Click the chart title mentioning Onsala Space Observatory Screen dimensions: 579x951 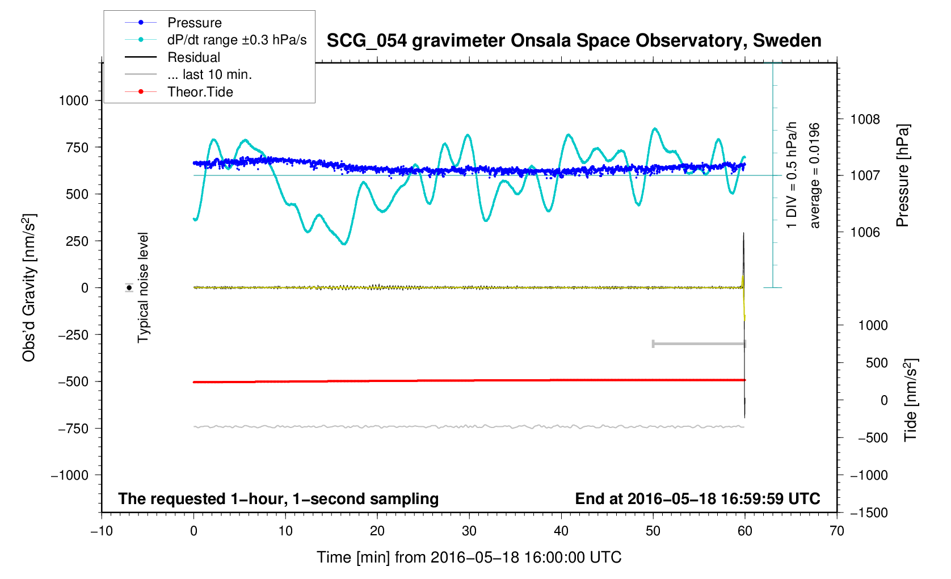(x=574, y=41)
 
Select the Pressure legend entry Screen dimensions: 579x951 (x=194, y=23)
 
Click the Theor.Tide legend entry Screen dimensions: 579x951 (x=200, y=92)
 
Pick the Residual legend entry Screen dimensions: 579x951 (x=193, y=57)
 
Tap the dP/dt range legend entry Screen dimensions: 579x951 (x=237, y=40)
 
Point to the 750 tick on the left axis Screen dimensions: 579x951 (x=74, y=148)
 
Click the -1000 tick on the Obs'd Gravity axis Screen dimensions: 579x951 (x=70, y=476)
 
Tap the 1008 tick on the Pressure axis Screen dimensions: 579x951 (x=865, y=119)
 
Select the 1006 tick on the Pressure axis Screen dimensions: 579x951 (x=865, y=232)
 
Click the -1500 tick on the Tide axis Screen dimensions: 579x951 (x=869, y=513)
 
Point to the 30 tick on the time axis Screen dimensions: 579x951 (x=469, y=531)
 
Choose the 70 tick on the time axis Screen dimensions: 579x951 (x=836, y=531)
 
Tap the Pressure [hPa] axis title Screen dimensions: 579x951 (x=902, y=175)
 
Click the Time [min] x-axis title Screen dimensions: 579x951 (x=469, y=557)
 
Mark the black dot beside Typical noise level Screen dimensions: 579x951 (x=129, y=288)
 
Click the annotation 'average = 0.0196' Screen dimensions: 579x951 (x=815, y=175)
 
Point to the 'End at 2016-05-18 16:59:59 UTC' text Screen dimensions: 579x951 (x=697, y=499)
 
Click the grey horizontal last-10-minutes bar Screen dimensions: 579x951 (x=699, y=343)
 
